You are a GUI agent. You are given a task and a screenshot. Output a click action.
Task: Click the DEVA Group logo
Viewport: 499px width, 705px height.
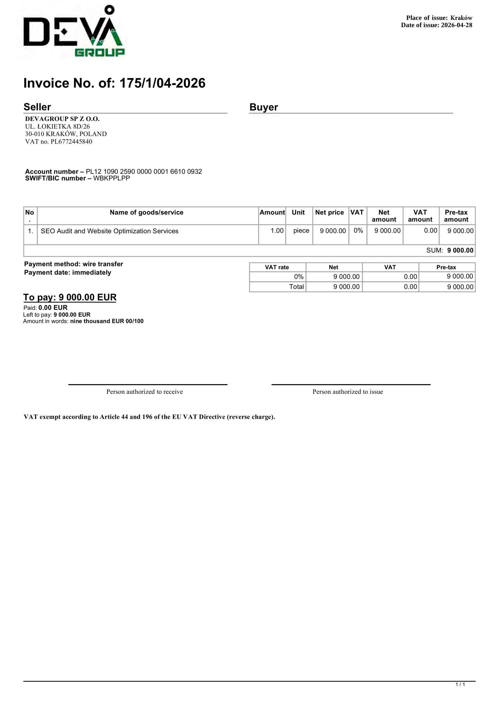(x=74, y=31)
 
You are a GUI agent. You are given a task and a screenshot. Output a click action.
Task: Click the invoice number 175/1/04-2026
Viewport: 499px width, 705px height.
(x=162, y=83)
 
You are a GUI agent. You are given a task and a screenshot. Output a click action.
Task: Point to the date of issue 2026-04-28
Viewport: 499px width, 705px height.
(x=456, y=25)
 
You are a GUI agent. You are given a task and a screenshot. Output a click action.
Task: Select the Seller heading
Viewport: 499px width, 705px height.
(x=37, y=107)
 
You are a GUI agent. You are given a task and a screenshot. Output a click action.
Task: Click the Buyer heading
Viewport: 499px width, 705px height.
(x=264, y=107)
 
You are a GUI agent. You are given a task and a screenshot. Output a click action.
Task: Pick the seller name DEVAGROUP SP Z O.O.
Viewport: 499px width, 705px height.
(x=62, y=119)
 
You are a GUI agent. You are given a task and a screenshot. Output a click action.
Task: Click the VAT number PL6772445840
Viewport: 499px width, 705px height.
(x=71, y=142)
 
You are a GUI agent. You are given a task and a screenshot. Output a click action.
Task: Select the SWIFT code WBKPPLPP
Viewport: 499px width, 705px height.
(x=112, y=178)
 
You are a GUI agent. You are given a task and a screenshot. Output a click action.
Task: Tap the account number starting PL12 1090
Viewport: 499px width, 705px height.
(x=144, y=172)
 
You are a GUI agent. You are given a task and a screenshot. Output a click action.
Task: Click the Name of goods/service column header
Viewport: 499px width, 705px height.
(x=146, y=213)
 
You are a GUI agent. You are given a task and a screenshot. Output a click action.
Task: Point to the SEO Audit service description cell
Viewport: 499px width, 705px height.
(x=109, y=231)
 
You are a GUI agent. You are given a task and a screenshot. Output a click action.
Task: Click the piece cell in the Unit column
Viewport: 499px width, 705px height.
(x=301, y=231)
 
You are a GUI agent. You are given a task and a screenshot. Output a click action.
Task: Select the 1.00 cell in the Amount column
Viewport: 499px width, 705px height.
(x=277, y=231)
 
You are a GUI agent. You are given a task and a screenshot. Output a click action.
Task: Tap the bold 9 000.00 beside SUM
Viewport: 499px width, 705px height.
(x=460, y=251)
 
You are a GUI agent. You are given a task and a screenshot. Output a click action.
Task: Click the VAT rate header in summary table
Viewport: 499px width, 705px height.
(x=277, y=267)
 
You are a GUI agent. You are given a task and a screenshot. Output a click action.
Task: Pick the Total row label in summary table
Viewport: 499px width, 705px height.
(x=296, y=287)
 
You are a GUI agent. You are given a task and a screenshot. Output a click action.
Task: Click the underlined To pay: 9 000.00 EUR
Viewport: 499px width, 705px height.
(x=70, y=297)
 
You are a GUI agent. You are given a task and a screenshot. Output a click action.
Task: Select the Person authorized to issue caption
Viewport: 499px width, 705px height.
(x=347, y=392)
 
